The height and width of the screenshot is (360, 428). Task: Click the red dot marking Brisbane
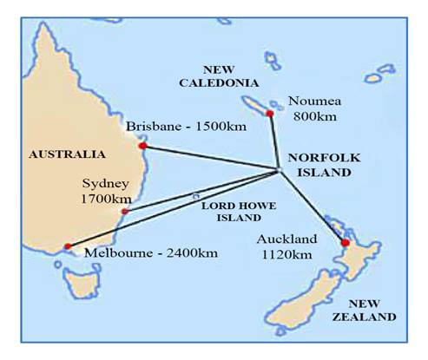(x=142, y=146)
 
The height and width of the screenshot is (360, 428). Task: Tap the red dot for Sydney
(x=125, y=211)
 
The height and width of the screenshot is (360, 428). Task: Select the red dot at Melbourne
(x=67, y=247)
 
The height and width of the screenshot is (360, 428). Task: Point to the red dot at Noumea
(x=270, y=113)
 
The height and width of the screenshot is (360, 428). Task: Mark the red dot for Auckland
(x=345, y=242)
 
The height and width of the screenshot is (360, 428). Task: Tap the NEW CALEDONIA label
(x=230, y=75)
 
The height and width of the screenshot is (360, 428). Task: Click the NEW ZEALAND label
(x=372, y=310)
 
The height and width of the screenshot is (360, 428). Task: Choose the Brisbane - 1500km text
(x=187, y=128)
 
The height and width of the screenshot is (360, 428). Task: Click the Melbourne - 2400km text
(x=148, y=253)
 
